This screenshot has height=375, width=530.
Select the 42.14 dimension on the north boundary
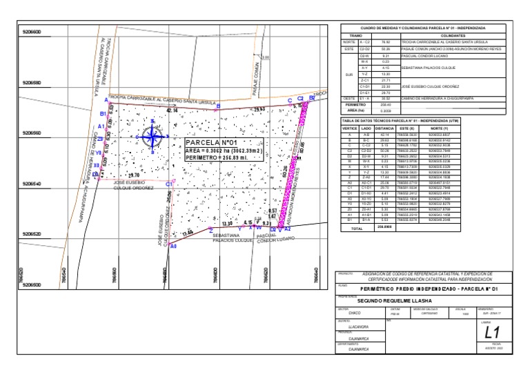[x=172, y=110]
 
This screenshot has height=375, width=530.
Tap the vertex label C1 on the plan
[x=170, y=184]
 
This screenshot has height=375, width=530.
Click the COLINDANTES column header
[x=451, y=34]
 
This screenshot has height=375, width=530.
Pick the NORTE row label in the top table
[x=349, y=42]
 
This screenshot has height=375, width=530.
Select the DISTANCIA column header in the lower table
[x=384, y=128]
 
